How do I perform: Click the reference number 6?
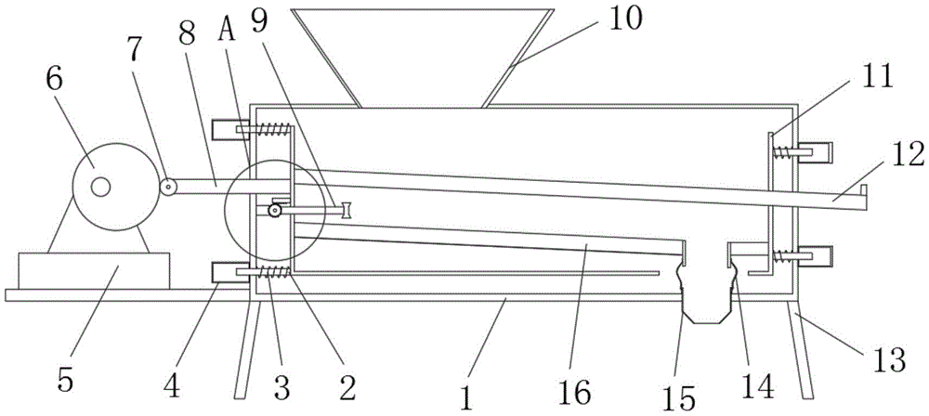point(53,81)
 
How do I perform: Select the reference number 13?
point(886,359)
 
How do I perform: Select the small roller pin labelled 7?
point(167,187)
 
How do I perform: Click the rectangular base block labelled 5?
point(94,271)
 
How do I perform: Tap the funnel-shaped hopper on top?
point(423,58)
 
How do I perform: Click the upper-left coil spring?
point(273,129)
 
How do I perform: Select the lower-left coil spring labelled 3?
point(272,271)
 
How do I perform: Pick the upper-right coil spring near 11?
point(782,152)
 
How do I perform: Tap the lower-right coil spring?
point(782,256)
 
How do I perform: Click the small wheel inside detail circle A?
point(274,211)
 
